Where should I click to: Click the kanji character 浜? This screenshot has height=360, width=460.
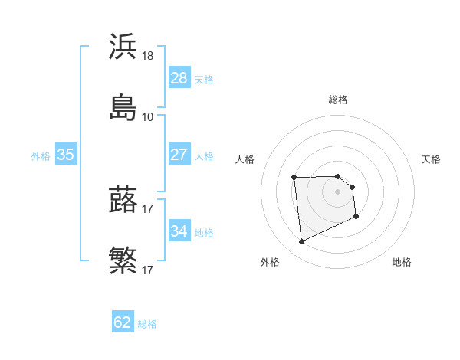[x=123, y=47]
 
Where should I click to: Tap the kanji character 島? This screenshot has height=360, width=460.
[x=123, y=106]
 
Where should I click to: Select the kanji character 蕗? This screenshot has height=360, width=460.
[x=123, y=200]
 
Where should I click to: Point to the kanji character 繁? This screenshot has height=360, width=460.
[x=123, y=260]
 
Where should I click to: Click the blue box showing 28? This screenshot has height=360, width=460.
[x=179, y=77]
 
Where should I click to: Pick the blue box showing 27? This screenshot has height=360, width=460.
[x=179, y=155]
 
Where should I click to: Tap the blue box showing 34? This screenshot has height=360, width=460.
[x=179, y=231]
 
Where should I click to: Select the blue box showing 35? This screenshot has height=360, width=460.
[x=66, y=155]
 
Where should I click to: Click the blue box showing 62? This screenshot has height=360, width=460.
[x=123, y=322]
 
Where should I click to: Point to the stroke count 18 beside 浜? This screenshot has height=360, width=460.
[x=148, y=57]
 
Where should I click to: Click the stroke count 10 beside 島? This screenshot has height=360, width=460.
[x=148, y=116]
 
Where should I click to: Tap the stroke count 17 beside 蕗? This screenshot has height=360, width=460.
[x=148, y=210]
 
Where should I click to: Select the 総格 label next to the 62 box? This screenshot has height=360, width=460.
[x=147, y=324]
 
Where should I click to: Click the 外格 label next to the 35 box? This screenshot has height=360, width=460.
[x=41, y=155]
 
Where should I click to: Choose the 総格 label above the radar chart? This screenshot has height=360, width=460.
[x=338, y=100]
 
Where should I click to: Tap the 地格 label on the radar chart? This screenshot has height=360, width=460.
[x=402, y=262]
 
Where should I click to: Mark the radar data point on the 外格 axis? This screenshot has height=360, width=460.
[x=302, y=242]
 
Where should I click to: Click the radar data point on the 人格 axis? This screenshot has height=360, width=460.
[x=294, y=178]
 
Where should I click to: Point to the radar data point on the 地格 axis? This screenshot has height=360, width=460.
[x=356, y=218]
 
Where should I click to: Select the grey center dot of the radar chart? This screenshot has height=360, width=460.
[x=338, y=191]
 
